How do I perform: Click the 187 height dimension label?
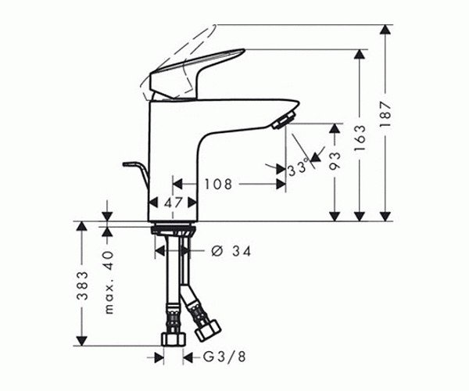[x=385, y=115]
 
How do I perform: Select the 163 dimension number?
[x=360, y=138]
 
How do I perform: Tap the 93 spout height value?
[x=335, y=160]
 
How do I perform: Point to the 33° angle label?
[x=298, y=166]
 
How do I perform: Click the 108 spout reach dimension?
[x=218, y=185]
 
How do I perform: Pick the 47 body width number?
[x=174, y=203]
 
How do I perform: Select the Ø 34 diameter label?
[x=231, y=251]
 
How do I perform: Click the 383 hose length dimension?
[x=82, y=285]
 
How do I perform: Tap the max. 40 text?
[x=109, y=282]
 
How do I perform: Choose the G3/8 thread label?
[x=224, y=357]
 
